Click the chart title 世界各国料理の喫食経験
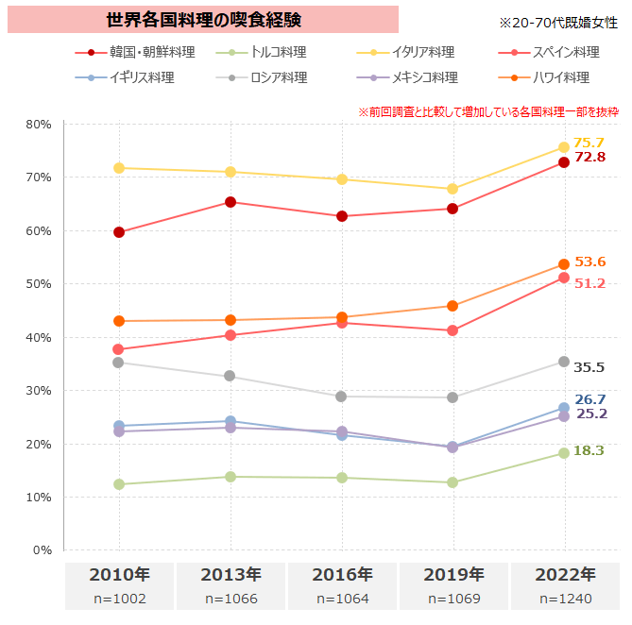click(x=203, y=20)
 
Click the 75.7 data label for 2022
click(x=589, y=143)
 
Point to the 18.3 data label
click(x=589, y=450)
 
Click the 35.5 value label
click(x=589, y=368)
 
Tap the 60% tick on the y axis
click(x=39, y=230)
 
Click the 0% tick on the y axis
click(x=42, y=550)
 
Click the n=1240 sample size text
click(x=564, y=599)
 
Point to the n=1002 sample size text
click(x=119, y=599)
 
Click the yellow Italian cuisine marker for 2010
click(x=119, y=168)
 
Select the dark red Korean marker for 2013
click(x=231, y=202)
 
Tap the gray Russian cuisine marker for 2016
click(x=341, y=397)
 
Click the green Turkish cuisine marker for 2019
click(x=453, y=482)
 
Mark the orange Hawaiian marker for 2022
click(x=564, y=264)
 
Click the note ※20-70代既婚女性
click(x=557, y=22)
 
